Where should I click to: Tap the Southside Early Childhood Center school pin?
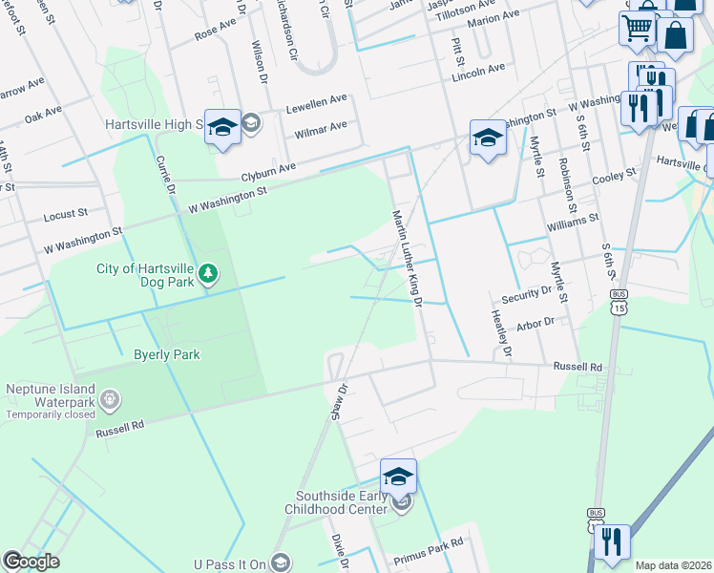pyautogui.click(x=398, y=475)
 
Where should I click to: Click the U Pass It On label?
pyautogui.click(x=228, y=563)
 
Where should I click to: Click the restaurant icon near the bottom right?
pyautogui.click(x=611, y=541)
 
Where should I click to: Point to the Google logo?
pyautogui.click(x=31, y=562)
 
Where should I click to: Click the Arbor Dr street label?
pyautogui.click(x=535, y=324)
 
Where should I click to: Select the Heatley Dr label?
pyautogui.click(x=501, y=333)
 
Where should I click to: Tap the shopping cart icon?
pyautogui.click(x=638, y=27)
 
